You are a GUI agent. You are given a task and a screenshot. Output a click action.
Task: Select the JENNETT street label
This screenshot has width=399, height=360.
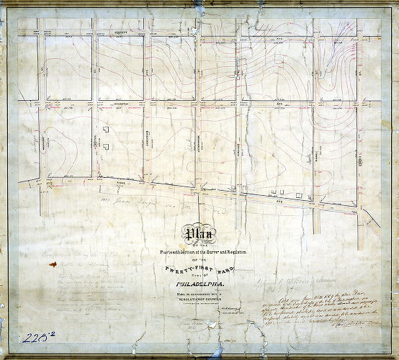pyautogui.click(x=119, y=33)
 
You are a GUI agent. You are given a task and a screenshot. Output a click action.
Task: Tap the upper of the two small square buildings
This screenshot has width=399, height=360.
pyautogui.click(x=105, y=130)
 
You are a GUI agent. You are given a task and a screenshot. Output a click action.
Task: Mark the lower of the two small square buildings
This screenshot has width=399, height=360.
pyautogui.click(x=105, y=145)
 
